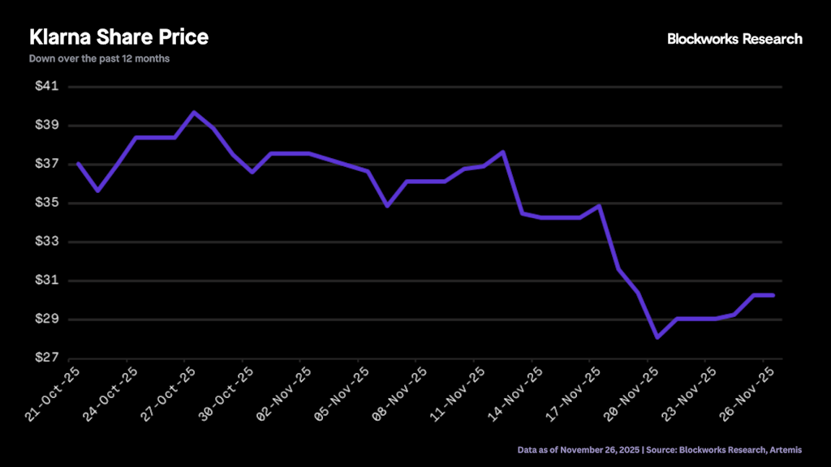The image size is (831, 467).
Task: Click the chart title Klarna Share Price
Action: pyautogui.click(x=118, y=37)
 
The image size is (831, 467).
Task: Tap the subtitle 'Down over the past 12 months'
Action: pyautogui.click(x=99, y=58)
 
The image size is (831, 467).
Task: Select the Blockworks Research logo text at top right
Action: pyautogui.click(x=734, y=39)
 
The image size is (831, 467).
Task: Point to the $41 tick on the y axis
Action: pyautogui.click(x=47, y=87)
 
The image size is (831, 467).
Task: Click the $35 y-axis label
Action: pyautogui.click(x=47, y=204)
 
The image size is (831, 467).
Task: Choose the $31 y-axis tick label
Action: pyautogui.click(x=47, y=281)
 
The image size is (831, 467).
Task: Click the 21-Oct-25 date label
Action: pyautogui.click(x=54, y=392)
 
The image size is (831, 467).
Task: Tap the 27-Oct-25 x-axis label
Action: pyautogui.click(x=169, y=392)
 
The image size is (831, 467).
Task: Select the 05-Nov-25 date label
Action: pyautogui.click(x=342, y=392)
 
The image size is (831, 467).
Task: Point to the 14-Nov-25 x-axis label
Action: pyautogui.click(x=516, y=392)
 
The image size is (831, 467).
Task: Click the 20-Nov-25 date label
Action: pyautogui.click(x=631, y=392)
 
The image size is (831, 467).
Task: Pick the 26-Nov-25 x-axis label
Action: pyautogui.click(x=747, y=392)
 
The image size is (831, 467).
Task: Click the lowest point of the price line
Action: pyautogui.click(x=657, y=337)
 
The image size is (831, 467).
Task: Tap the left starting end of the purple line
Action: pyautogui.click(x=78, y=164)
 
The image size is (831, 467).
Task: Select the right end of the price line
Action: pyautogui.click(x=773, y=295)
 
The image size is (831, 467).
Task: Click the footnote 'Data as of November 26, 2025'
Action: pyautogui.click(x=579, y=449)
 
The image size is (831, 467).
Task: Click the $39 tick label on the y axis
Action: pyautogui.click(x=47, y=126)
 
